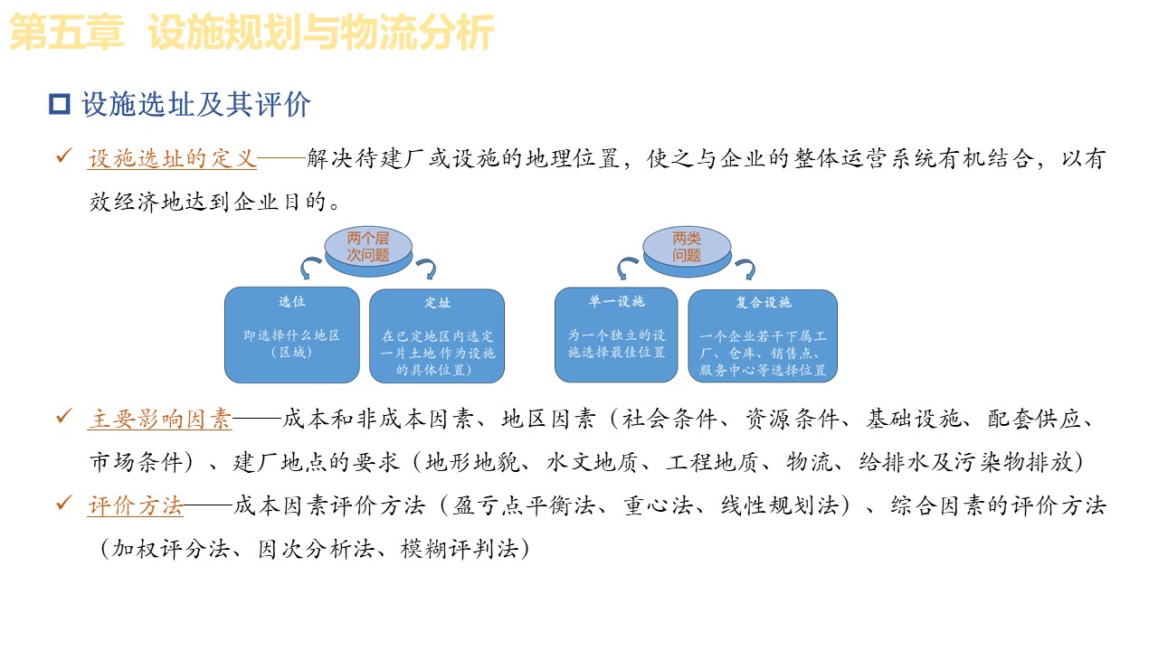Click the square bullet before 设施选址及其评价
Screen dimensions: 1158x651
[x=60, y=105]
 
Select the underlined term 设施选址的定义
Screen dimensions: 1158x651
[x=172, y=159]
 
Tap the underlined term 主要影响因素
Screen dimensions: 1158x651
[x=160, y=419]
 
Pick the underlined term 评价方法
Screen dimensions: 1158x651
[x=136, y=505]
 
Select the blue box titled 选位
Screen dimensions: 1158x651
[x=291, y=335]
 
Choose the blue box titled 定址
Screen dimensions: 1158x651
[x=437, y=335]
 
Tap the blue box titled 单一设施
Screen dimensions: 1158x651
[x=615, y=335]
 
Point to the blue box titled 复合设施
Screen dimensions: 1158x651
[x=763, y=335]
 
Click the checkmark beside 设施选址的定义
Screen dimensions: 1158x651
[x=63, y=157]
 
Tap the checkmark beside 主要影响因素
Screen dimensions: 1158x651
[x=63, y=417]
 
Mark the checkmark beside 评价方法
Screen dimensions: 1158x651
[x=63, y=504]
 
